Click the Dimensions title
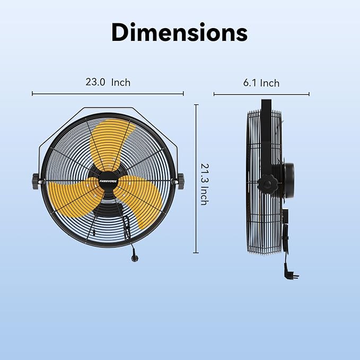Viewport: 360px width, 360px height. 179,33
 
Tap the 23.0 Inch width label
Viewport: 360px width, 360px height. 108,82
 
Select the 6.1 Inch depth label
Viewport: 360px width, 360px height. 261,83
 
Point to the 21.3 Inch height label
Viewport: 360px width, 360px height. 204,183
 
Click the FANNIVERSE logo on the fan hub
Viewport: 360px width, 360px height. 108,180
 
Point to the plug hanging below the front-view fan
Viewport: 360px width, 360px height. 131,256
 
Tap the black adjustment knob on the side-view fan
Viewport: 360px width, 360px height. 267,185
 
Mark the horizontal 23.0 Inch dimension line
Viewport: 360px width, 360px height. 108,94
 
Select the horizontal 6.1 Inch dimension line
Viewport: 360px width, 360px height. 261,94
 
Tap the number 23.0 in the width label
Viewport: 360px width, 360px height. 95,82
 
